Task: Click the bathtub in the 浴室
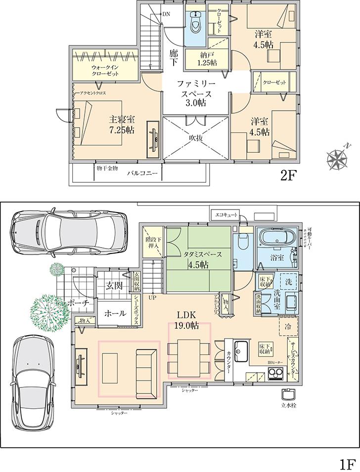point(276,236)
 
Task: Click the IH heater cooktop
point(275,374)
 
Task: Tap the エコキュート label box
point(225,215)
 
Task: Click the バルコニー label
point(141,173)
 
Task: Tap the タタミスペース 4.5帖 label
point(200,259)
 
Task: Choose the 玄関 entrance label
point(114,285)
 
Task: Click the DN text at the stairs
point(166,14)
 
